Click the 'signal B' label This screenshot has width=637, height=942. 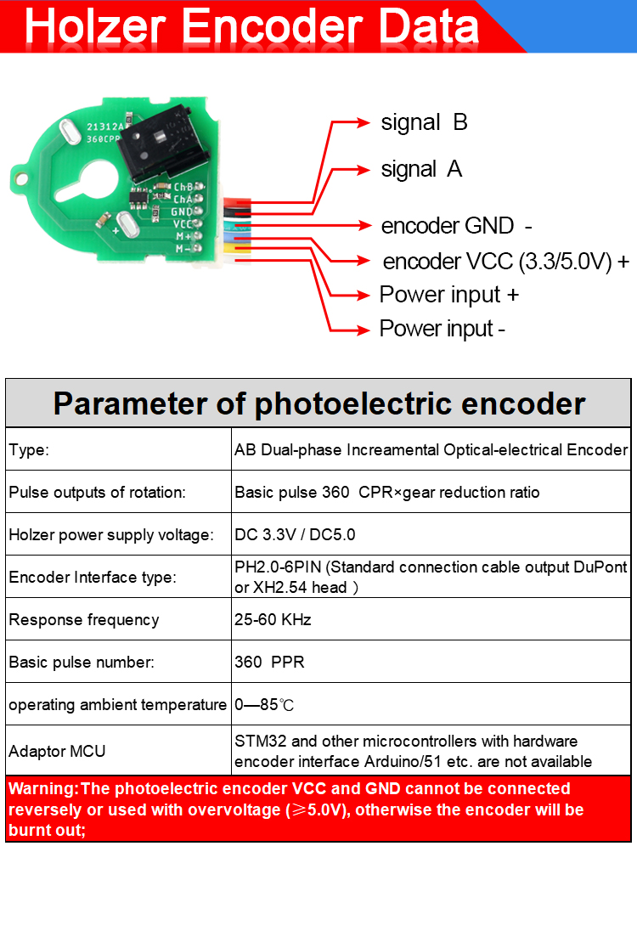click(x=425, y=122)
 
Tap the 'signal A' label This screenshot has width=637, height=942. click(x=421, y=169)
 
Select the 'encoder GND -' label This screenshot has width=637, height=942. click(x=457, y=226)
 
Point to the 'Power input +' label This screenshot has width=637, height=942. click(x=449, y=295)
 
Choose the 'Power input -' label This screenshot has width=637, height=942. click(x=443, y=330)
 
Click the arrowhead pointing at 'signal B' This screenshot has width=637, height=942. click(x=363, y=122)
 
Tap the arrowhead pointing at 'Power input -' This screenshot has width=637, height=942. click(x=363, y=330)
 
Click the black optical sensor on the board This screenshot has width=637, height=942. click(x=162, y=144)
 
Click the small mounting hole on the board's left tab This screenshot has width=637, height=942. click(x=22, y=179)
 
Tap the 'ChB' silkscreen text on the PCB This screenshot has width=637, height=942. click(x=183, y=188)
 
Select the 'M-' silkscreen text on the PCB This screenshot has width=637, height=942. click(x=183, y=249)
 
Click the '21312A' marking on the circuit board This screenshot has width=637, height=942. click(x=105, y=127)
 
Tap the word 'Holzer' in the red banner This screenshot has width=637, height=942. click(x=95, y=27)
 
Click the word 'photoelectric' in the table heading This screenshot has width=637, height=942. click(x=352, y=403)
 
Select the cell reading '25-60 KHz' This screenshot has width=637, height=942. click(x=273, y=619)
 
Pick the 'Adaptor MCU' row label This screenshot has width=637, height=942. click(x=57, y=751)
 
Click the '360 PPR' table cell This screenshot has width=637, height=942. click(x=269, y=662)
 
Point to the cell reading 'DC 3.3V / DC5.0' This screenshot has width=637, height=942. click(x=295, y=534)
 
